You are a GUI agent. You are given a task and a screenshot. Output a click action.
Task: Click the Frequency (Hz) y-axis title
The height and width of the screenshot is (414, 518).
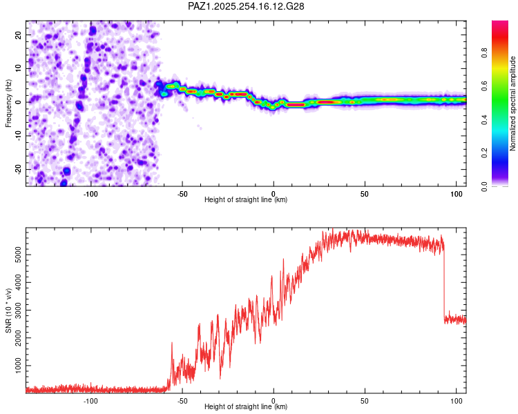9,103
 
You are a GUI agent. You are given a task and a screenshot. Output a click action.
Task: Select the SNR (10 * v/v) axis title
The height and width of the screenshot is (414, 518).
9,310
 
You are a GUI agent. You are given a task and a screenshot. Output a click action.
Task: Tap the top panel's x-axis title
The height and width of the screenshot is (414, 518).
246,199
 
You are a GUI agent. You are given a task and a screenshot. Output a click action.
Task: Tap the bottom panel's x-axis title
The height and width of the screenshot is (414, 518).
246,406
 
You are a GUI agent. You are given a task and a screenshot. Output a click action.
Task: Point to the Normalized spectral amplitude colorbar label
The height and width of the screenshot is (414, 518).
513,103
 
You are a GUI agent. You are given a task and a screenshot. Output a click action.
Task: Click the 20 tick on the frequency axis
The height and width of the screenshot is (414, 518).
18,34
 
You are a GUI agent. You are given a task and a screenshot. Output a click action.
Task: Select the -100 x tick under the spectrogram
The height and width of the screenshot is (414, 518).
90,193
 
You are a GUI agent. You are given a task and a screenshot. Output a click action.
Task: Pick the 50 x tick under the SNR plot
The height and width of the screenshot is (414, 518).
365,400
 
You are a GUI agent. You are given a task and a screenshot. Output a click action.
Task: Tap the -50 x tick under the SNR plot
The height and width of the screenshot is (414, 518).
182,400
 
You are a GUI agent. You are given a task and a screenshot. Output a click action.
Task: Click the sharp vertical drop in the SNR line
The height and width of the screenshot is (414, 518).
444,283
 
